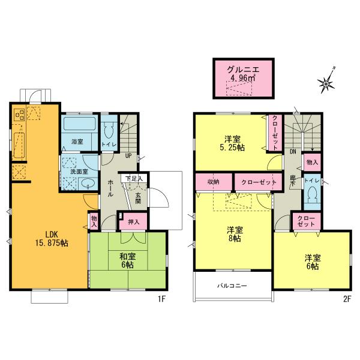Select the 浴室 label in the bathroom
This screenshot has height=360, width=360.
77,142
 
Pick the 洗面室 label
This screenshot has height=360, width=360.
77,172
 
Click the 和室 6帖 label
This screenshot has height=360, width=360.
128,260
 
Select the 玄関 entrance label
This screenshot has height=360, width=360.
137,197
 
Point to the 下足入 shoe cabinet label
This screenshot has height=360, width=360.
133,179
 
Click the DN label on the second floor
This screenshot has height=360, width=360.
292,152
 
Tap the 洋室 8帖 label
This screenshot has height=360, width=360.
234,233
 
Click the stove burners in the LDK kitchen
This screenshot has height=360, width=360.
19,113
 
